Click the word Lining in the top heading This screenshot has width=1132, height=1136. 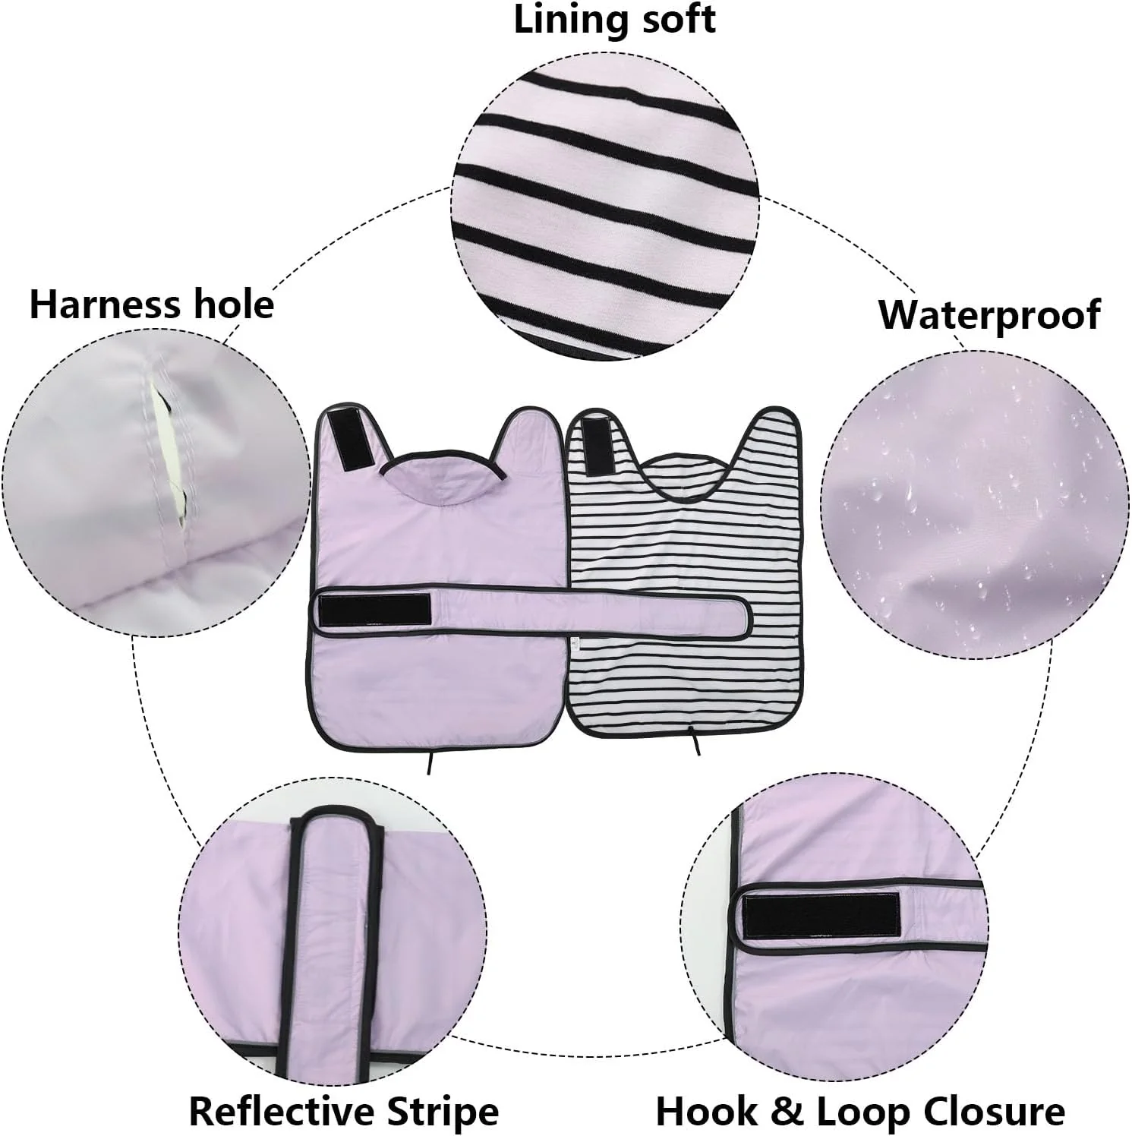pyautogui.click(x=563, y=21)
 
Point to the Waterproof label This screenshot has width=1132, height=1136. pyautogui.click(x=989, y=314)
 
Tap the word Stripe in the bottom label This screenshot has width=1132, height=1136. pyautogui.click(x=443, y=1112)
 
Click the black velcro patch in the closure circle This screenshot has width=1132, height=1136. pyautogui.click(x=821, y=914)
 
